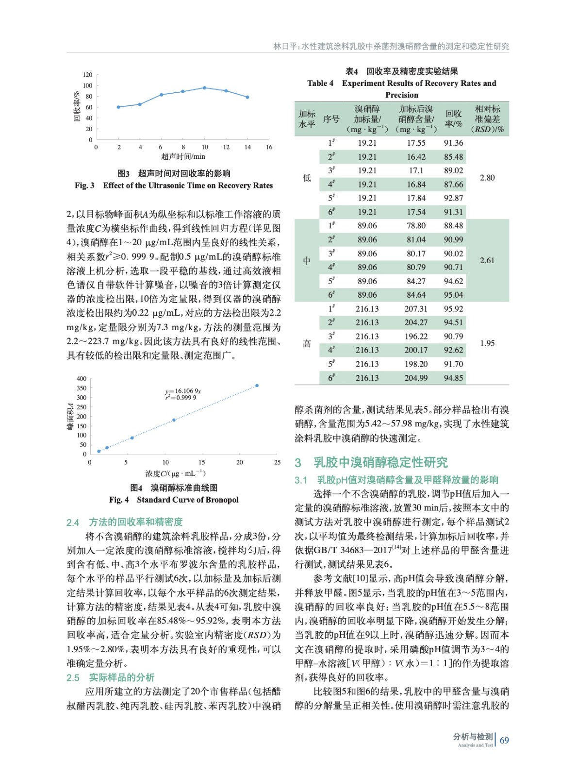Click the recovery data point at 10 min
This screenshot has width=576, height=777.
point(204,88)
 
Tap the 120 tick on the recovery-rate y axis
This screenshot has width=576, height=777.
point(87,75)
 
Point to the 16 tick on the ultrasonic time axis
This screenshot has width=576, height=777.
point(269,147)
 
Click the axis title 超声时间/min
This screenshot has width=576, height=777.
point(183,156)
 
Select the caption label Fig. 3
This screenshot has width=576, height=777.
point(84,186)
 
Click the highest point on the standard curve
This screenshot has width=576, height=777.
point(257,386)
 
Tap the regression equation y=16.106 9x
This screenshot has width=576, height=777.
point(183,391)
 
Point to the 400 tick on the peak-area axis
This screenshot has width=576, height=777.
point(82,379)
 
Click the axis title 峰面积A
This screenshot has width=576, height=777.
point(70,416)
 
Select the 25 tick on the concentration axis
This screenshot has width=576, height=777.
point(277,462)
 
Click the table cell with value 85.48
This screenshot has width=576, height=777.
point(453,157)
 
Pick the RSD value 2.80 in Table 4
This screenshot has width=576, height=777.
point(487,178)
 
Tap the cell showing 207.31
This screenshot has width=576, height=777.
point(416,309)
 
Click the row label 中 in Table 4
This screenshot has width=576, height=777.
point(307,261)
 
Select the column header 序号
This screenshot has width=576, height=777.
point(331,119)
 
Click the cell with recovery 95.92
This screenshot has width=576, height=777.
point(453,309)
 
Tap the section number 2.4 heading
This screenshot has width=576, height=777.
point(73,523)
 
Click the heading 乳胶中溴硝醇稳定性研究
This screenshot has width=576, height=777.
point(380,462)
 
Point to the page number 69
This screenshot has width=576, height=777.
point(504,741)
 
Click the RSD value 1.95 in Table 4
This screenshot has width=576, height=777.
point(487,343)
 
